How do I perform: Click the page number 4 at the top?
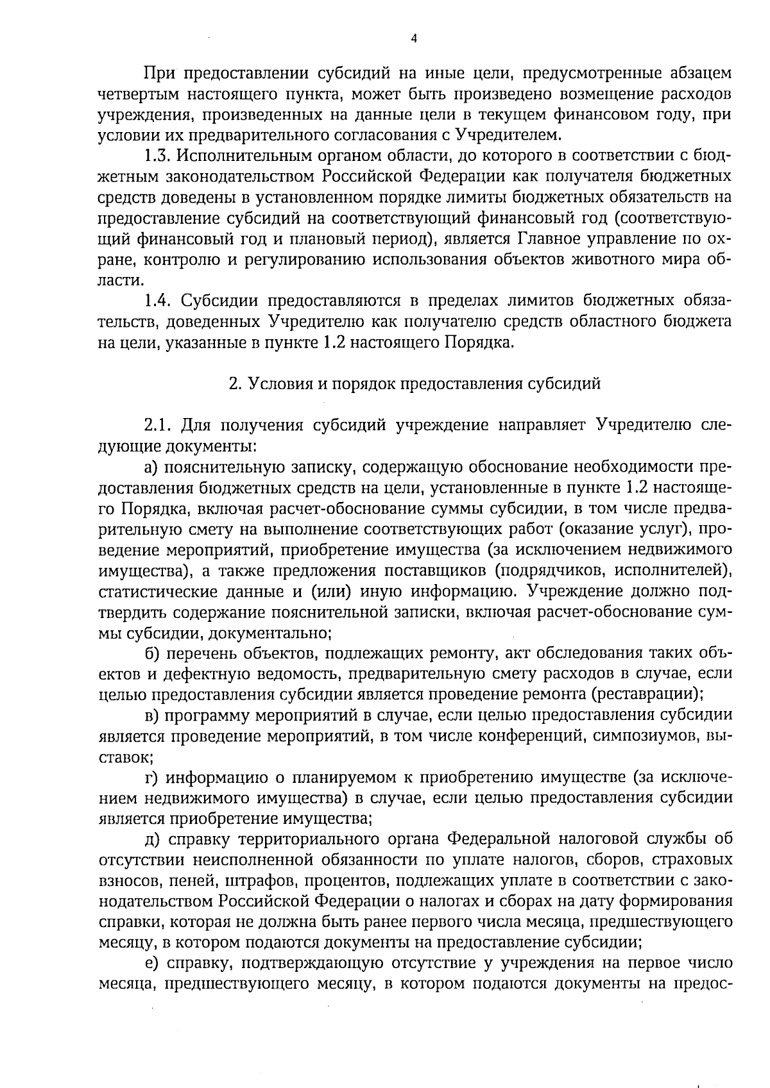click(x=413, y=38)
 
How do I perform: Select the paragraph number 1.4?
click(x=157, y=301)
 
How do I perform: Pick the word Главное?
click(x=547, y=239)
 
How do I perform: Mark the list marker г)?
click(x=151, y=778)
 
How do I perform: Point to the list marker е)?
click(x=151, y=964)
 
